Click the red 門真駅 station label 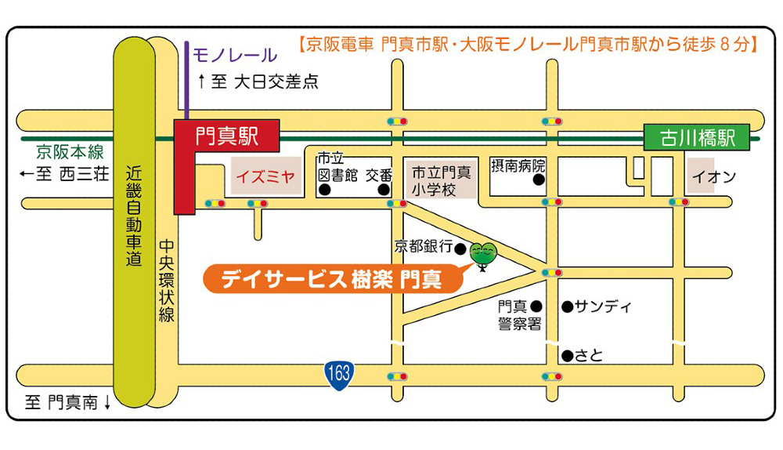(x=227, y=136)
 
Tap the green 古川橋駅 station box (x=697, y=138)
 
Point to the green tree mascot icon (x=482, y=253)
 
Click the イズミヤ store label (x=265, y=177)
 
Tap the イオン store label (x=714, y=177)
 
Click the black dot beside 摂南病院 (x=538, y=180)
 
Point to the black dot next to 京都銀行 (x=460, y=249)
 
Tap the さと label (x=589, y=355)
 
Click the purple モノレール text (x=235, y=55)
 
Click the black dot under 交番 (x=384, y=190)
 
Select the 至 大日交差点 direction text (x=258, y=81)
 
